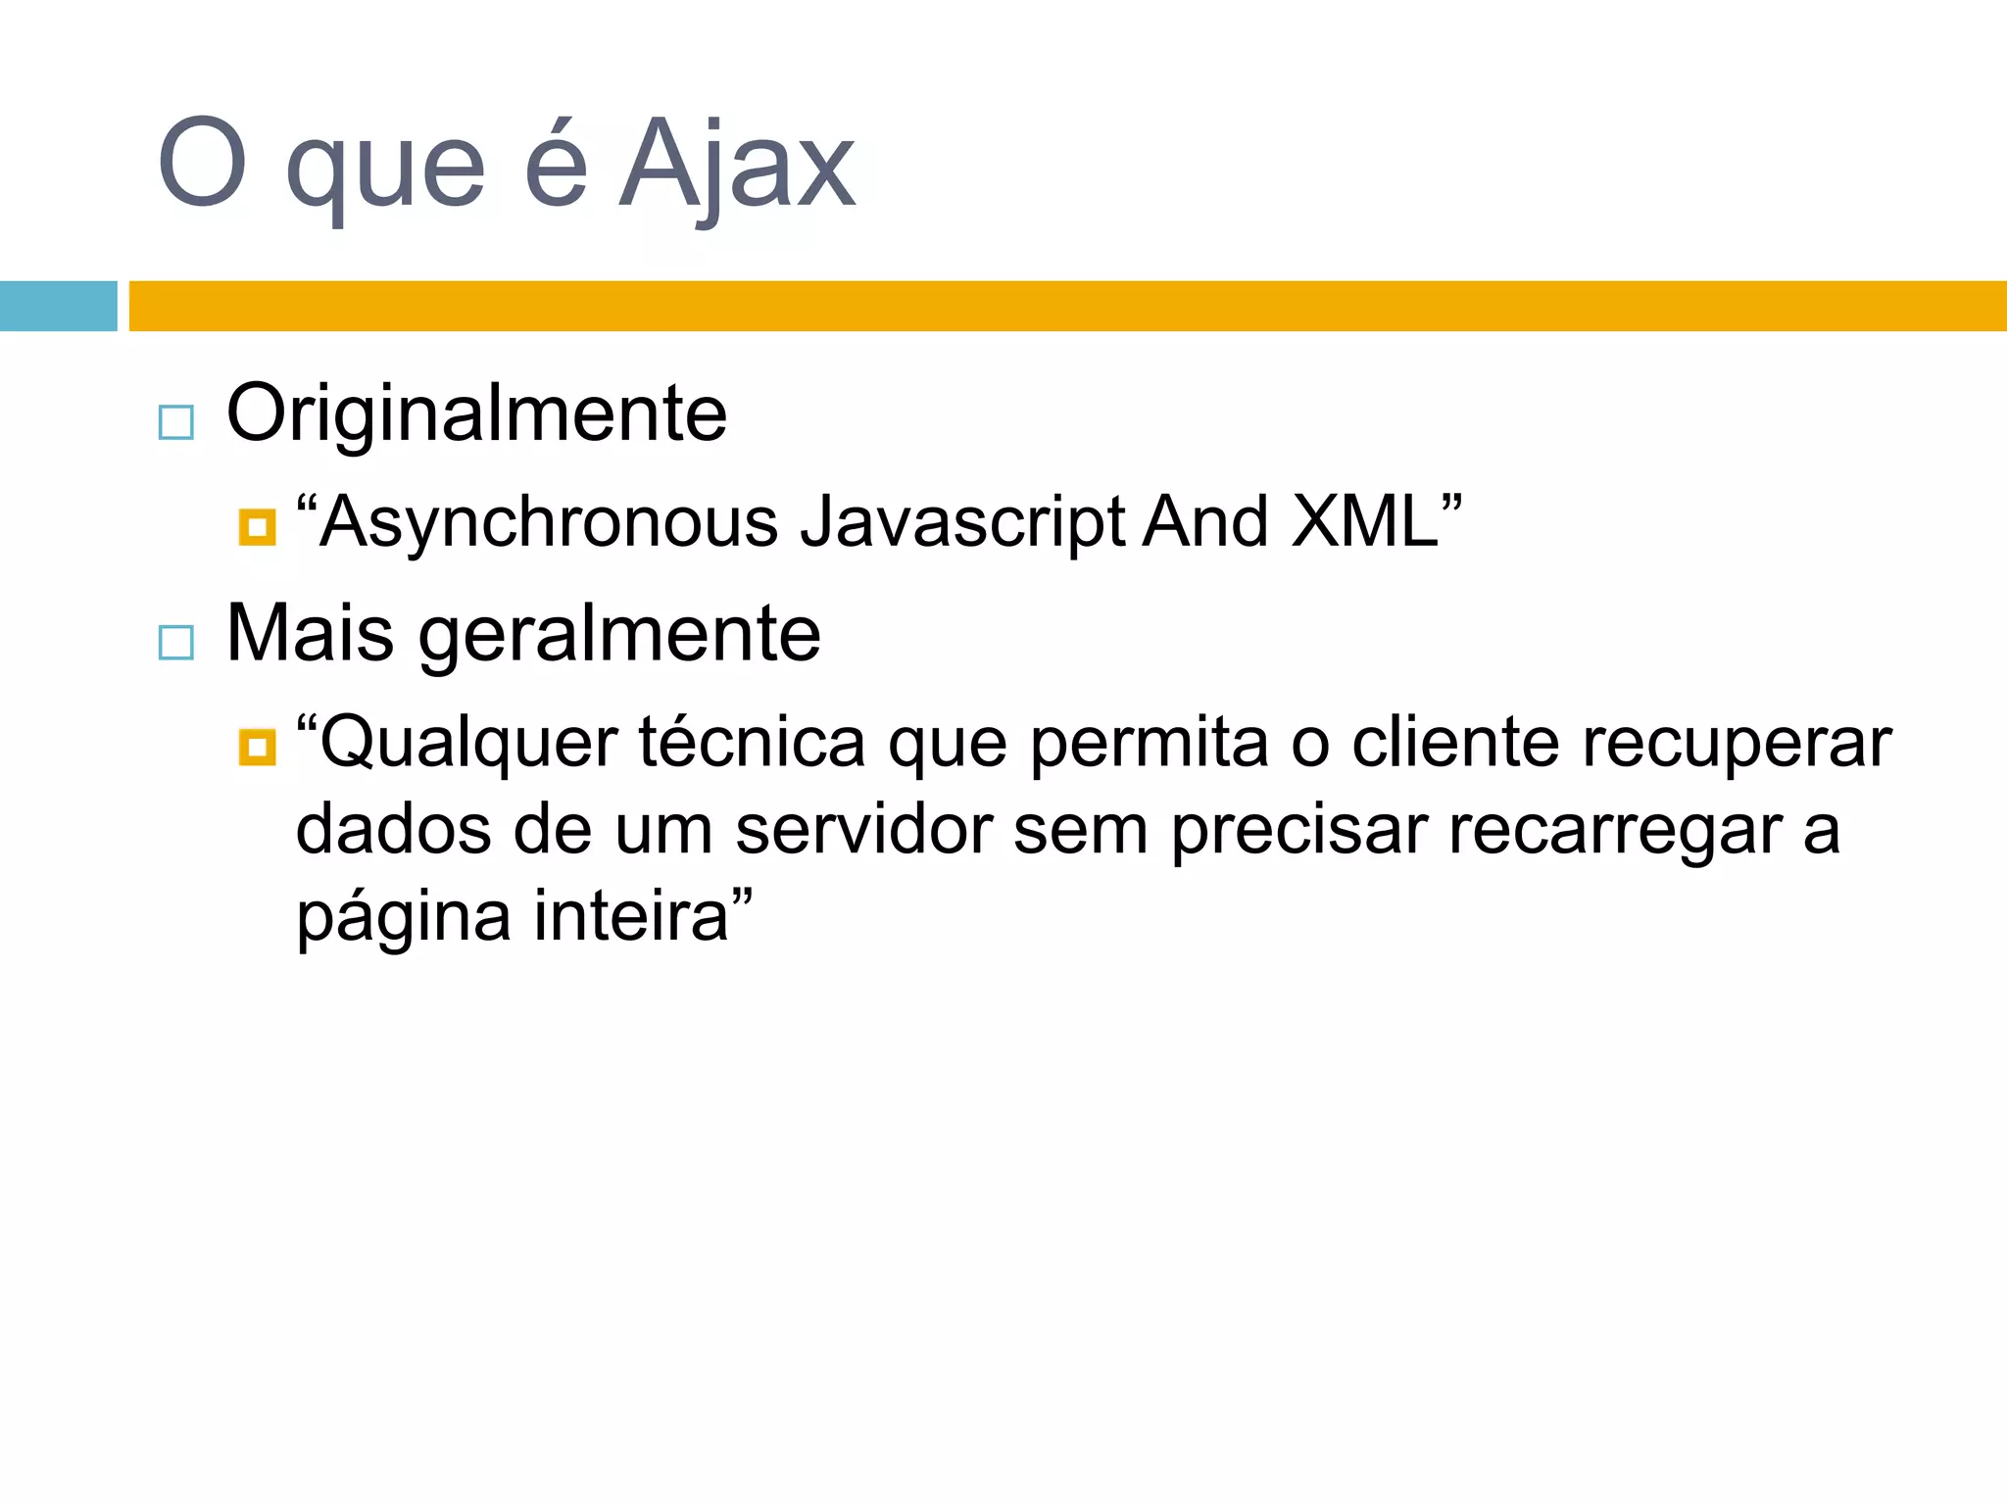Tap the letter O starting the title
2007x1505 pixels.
click(x=201, y=163)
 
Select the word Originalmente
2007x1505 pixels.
click(x=476, y=414)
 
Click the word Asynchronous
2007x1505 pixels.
click(x=549, y=521)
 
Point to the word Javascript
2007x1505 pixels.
click(x=962, y=523)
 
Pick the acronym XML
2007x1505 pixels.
click(x=1364, y=521)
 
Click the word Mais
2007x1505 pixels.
click(x=310, y=634)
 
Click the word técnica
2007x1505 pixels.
click(x=752, y=742)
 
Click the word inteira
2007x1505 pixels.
click(x=631, y=916)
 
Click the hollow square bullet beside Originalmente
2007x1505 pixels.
click(x=176, y=422)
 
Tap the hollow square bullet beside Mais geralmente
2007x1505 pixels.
click(x=176, y=643)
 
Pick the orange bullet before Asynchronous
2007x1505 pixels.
click(x=257, y=528)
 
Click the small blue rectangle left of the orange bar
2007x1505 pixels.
click(x=58, y=306)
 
